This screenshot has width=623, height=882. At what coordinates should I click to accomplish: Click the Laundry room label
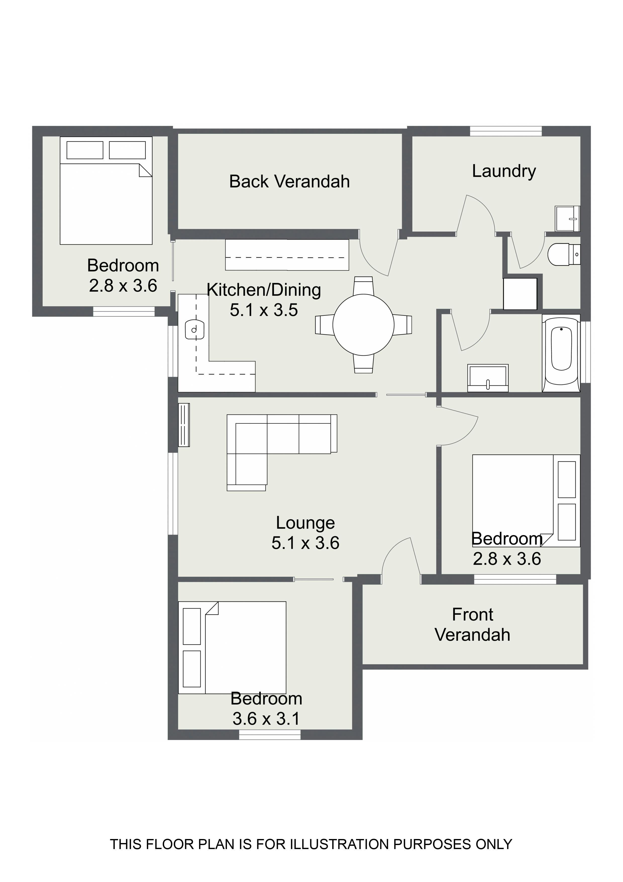pyautogui.click(x=504, y=171)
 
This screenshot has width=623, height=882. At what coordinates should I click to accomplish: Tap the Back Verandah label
pyautogui.click(x=289, y=182)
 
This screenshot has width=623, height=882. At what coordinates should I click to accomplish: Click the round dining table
pyautogui.click(x=363, y=325)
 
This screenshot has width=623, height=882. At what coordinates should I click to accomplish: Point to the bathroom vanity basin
pyautogui.click(x=488, y=378)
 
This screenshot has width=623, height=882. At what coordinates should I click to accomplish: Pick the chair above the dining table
pyautogui.click(x=363, y=285)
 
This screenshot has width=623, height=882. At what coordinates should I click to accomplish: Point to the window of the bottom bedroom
pyautogui.click(x=270, y=734)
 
